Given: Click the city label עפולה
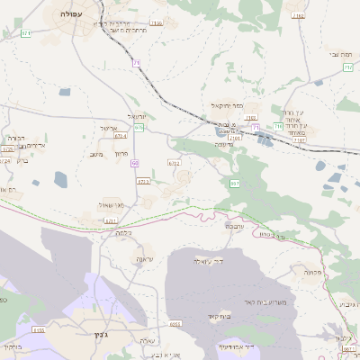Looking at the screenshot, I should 68,14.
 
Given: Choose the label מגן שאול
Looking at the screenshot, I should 113,204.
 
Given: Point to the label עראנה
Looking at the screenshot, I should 145,259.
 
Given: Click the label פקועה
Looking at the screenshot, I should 312,271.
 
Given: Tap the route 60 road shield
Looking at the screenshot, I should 134,164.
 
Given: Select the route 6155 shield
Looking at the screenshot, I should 39,330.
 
